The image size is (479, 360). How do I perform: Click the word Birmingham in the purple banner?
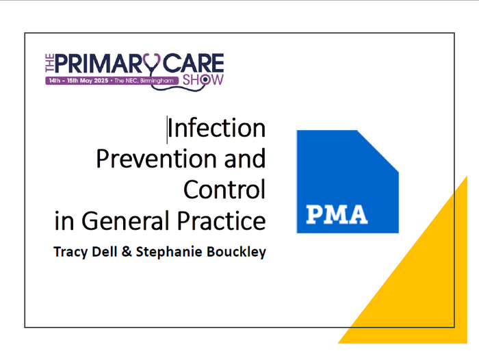[161, 80]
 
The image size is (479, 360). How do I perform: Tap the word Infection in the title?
[216, 128]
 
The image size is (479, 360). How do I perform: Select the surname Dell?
[103, 250]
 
